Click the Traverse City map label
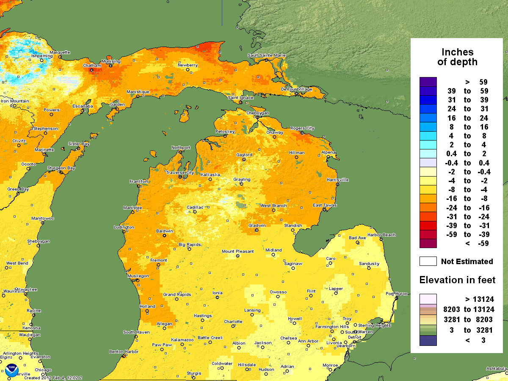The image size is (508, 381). (x=179, y=173)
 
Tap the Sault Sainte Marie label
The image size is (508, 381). (x=267, y=55)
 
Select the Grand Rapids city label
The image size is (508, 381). (x=177, y=294)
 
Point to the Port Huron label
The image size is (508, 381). (x=395, y=294)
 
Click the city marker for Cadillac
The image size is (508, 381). (x=195, y=211)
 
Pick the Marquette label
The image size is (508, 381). (x=60, y=52)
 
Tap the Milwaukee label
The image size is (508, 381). (x=26, y=290)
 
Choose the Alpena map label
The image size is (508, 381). (x=328, y=152)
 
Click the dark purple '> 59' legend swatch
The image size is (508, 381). (x=428, y=82)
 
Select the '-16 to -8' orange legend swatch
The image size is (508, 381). (x=428, y=199)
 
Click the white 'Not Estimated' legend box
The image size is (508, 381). (x=428, y=261)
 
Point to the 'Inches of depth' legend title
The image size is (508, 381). (x=457, y=57)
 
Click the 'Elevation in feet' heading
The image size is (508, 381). (x=457, y=280)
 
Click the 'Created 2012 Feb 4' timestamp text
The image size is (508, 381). (x=53, y=378)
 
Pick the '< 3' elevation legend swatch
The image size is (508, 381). (x=428, y=340)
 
